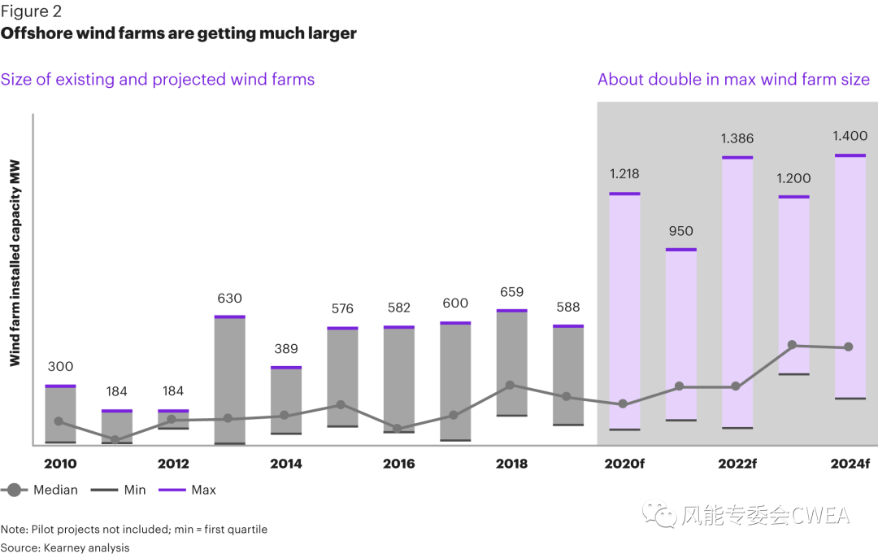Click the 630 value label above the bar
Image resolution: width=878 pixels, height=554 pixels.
(229, 299)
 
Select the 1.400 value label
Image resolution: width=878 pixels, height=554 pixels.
(850, 136)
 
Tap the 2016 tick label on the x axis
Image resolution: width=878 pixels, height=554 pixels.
(398, 464)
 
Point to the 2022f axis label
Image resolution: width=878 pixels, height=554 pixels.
(737, 464)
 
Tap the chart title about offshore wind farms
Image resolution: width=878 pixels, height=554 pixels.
(178, 33)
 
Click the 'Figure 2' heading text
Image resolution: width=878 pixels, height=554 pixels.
(31, 11)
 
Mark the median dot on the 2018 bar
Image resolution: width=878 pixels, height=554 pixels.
(511, 386)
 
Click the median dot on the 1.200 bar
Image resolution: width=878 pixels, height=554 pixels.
(793, 345)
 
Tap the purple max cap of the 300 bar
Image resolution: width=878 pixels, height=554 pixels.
(60, 386)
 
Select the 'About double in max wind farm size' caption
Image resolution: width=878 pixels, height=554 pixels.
(733, 80)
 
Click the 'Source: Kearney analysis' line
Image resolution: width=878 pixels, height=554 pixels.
(65, 547)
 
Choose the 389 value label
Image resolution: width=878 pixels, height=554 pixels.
(286, 349)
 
